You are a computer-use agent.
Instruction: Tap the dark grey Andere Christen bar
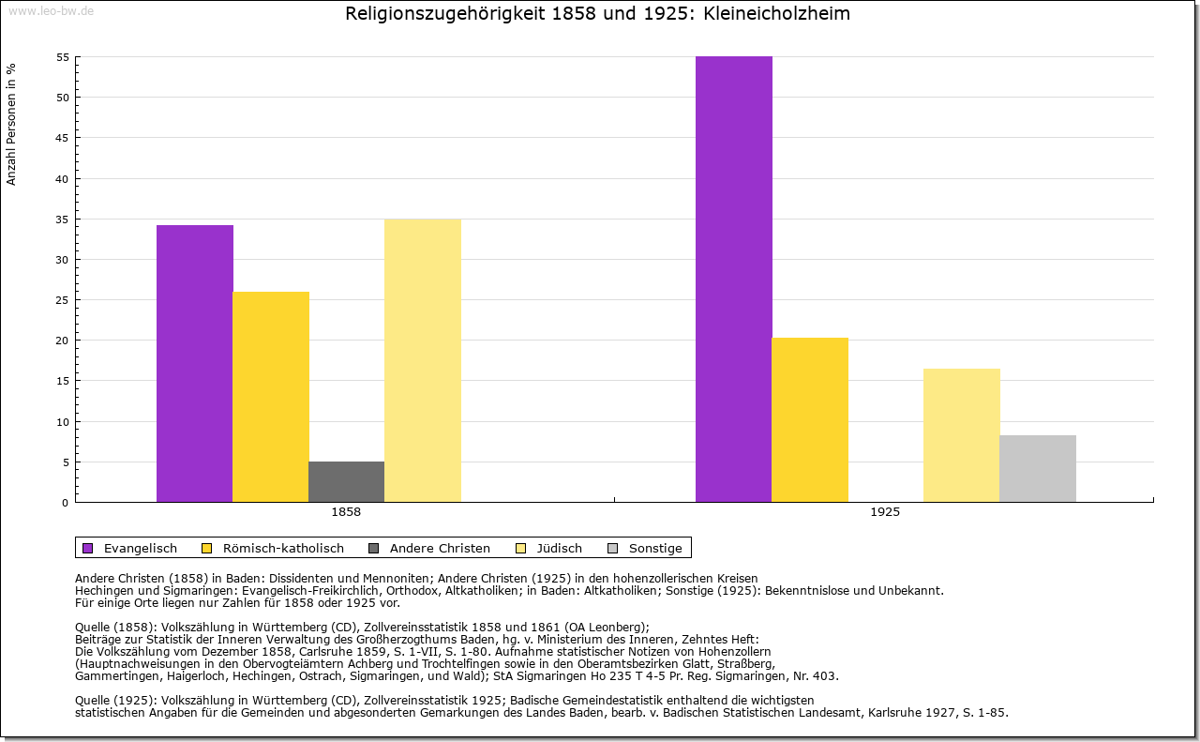(346, 482)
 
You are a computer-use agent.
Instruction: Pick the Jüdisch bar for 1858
(423, 360)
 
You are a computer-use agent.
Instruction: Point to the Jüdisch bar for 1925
(962, 435)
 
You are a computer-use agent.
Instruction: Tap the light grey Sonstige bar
(1038, 469)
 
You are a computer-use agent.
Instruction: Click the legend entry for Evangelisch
(130, 548)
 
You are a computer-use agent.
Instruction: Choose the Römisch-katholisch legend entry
(274, 548)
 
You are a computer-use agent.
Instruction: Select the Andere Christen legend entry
(430, 548)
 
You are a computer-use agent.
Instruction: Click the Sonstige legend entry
(646, 548)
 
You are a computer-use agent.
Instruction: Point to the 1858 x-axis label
(346, 513)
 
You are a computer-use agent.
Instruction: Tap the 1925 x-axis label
(885, 513)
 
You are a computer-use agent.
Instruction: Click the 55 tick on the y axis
(63, 57)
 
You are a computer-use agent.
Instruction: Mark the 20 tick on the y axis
(63, 341)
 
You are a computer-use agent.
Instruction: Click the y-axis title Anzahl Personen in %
(11, 124)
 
